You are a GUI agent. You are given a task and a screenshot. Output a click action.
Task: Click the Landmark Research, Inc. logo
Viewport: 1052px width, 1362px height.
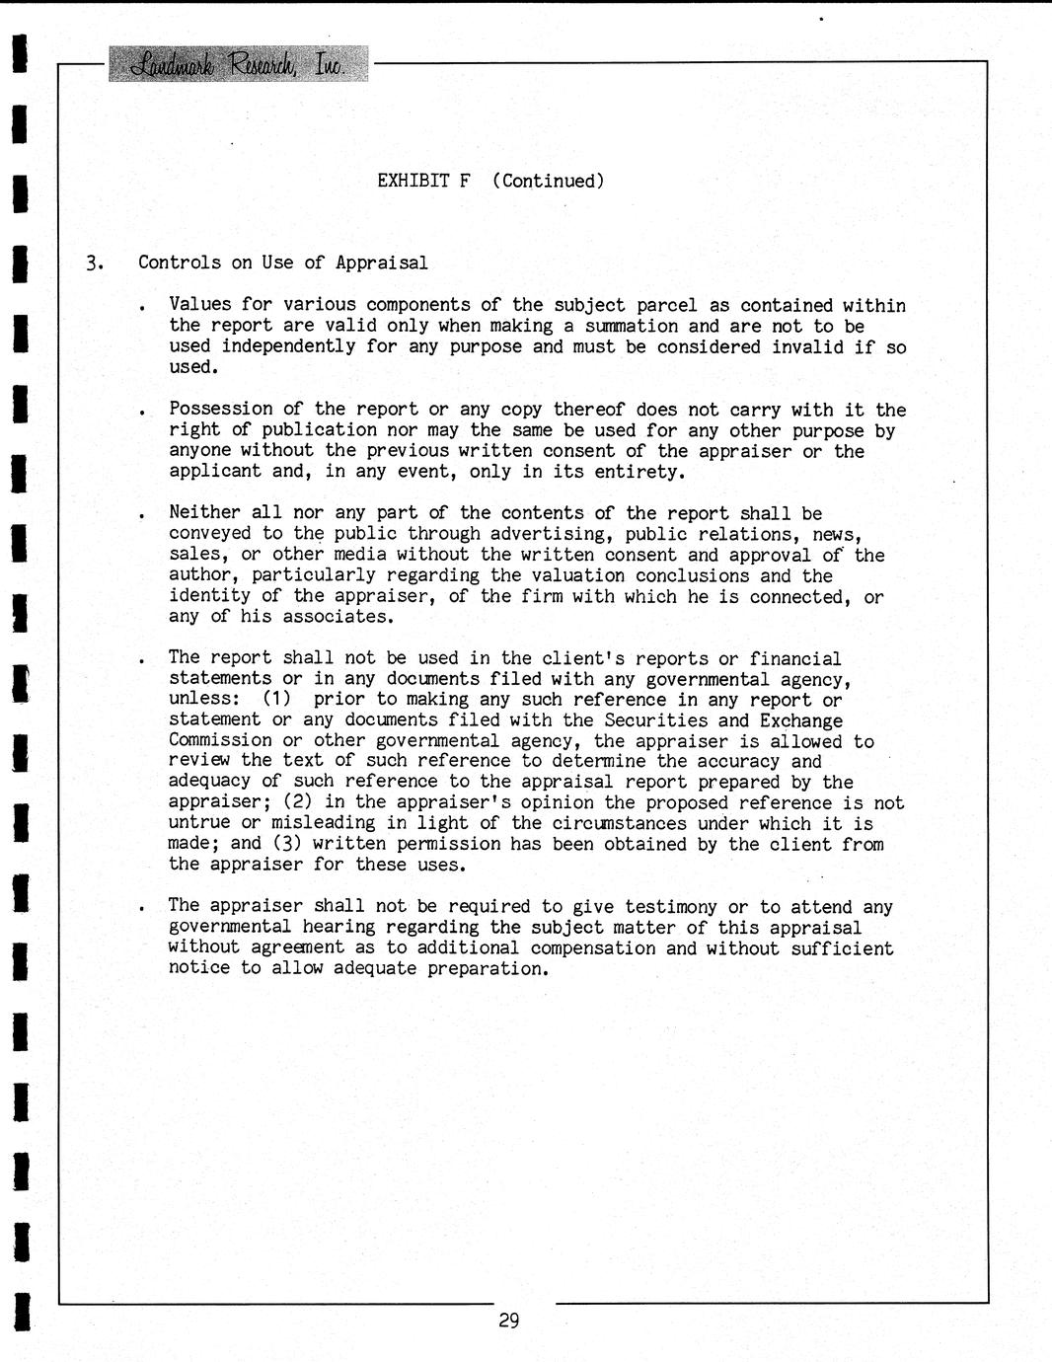coord(238,64)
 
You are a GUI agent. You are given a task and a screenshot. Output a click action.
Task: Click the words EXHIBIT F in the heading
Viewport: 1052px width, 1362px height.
coord(423,181)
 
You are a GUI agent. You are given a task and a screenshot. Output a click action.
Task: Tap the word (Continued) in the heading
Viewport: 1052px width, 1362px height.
coord(548,181)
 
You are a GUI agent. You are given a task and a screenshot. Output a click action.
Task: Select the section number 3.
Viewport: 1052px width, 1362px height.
coord(93,263)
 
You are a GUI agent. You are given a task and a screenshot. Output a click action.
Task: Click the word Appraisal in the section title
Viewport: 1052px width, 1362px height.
coord(381,263)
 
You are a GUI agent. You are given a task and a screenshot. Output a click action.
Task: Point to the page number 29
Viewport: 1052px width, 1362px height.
coord(509,1321)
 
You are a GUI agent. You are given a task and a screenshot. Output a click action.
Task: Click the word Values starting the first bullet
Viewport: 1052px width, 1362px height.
coord(200,305)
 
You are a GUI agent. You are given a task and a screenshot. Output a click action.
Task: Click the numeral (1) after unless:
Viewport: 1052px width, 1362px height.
coord(277,699)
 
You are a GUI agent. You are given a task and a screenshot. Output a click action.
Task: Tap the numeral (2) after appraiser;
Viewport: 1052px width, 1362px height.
coord(299,802)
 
